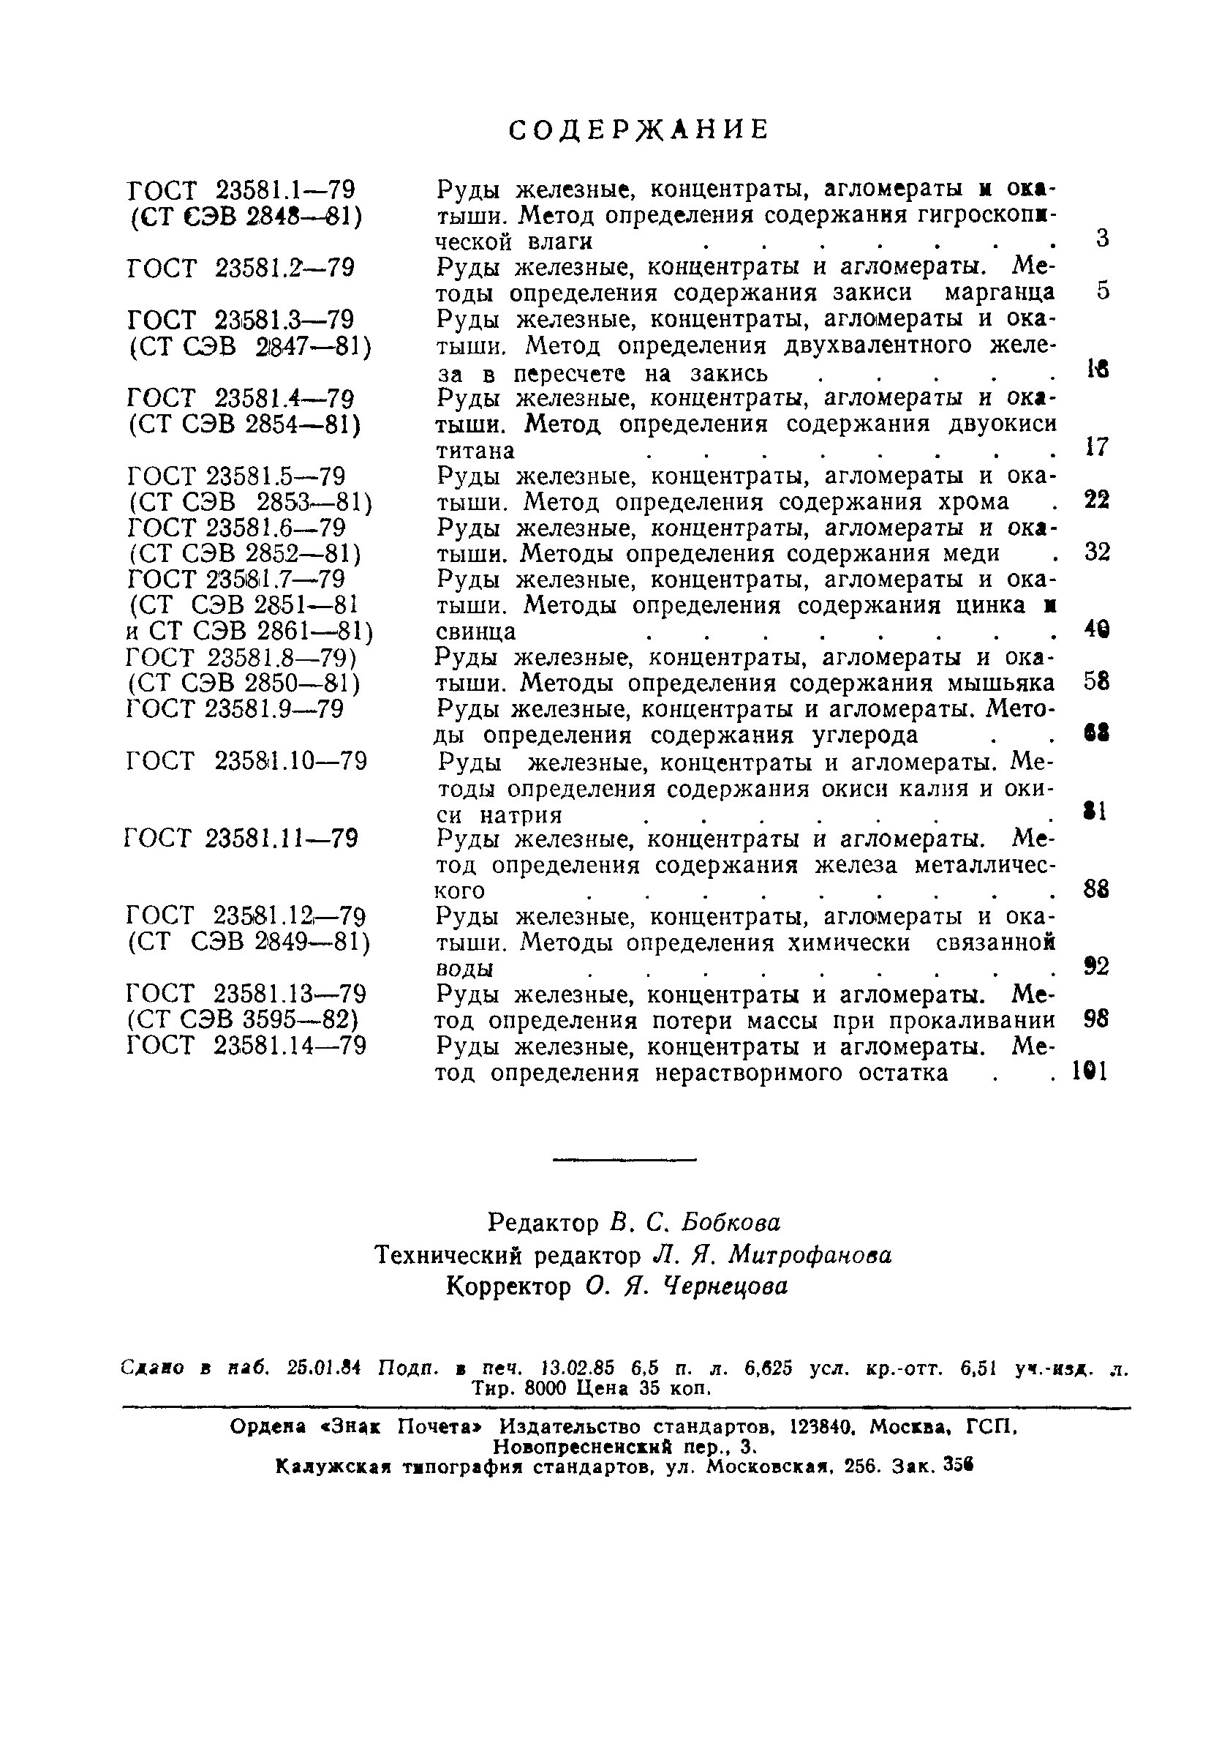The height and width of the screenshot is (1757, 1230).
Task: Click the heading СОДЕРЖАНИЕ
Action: pos(638,130)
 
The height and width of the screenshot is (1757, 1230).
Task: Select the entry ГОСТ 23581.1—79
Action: pos(242,190)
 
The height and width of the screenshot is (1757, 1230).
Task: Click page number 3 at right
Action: pos(1101,239)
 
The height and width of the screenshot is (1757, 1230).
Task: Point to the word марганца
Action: pos(1000,293)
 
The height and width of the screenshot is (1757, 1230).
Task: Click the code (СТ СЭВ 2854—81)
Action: pos(244,424)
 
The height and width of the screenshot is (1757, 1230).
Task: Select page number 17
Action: pos(1097,448)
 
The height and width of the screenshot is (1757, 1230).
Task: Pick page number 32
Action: pos(1097,552)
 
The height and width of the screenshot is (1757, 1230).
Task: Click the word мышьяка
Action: pos(1001,683)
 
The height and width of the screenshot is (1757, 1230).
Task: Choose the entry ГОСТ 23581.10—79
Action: pos(246,763)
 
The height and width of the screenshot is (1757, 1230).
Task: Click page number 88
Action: pos(1097,889)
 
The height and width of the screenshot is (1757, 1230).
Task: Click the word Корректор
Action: pos(508,1287)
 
